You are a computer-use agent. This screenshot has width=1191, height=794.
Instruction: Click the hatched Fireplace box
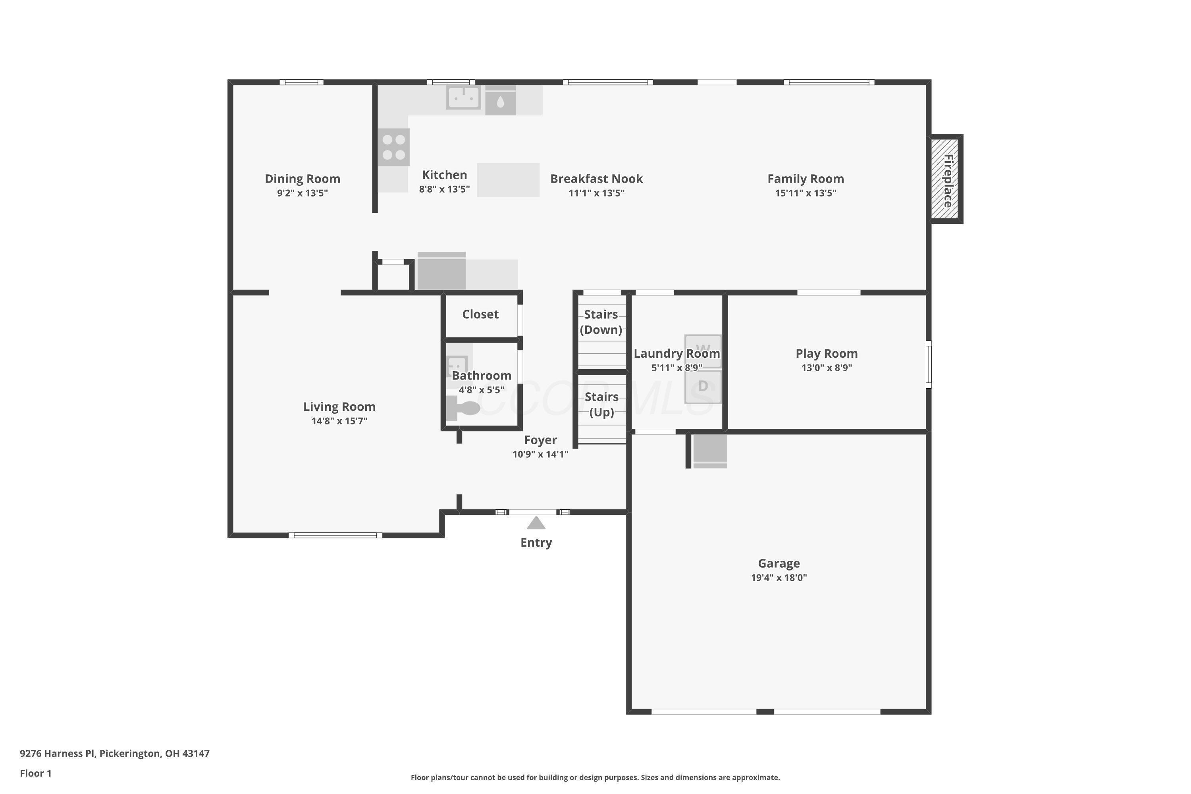tap(946, 179)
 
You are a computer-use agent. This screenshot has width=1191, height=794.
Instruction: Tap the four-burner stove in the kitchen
tap(393, 147)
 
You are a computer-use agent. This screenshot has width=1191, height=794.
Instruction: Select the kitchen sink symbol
tap(463, 97)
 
